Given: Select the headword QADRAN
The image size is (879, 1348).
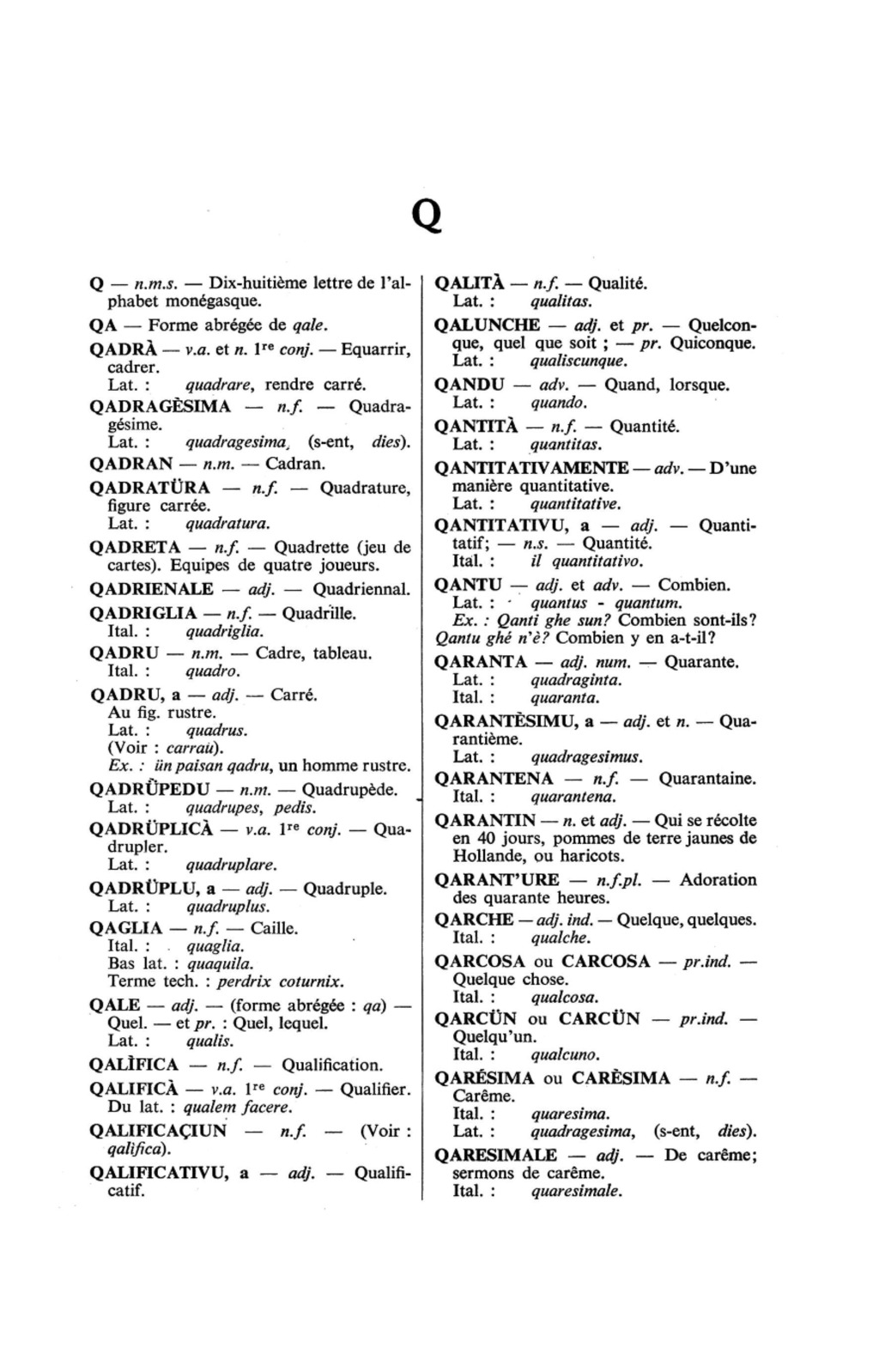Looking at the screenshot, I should (x=131, y=464).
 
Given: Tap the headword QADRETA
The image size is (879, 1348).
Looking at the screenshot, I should (x=135, y=547).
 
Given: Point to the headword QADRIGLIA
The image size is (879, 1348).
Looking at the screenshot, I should (x=142, y=613).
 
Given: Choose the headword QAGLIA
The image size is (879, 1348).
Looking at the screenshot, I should (x=126, y=928).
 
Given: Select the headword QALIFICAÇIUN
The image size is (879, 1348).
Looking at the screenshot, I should (x=158, y=1130).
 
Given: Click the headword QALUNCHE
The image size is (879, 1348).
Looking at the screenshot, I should (x=488, y=325).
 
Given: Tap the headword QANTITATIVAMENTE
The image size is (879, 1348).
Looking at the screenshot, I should (x=531, y=468).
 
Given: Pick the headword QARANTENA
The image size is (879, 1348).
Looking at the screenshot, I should (x=494, y=779).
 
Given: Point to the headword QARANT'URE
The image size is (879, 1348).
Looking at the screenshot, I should (x=497, y=880).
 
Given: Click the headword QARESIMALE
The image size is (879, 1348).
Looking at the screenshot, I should (x=495, y=1155).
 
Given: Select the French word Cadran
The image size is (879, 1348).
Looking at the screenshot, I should (x=294, y=464).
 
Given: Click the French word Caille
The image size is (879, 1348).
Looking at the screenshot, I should (x=274, y=928).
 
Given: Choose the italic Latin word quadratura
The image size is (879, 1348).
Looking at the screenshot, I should (x=227, y=523).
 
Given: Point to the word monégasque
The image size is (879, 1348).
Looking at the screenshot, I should (x=214, y=301).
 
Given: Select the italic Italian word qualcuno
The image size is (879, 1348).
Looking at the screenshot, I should (x=565, y=1054).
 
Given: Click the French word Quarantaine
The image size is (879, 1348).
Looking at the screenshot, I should (x=707, y=779).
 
